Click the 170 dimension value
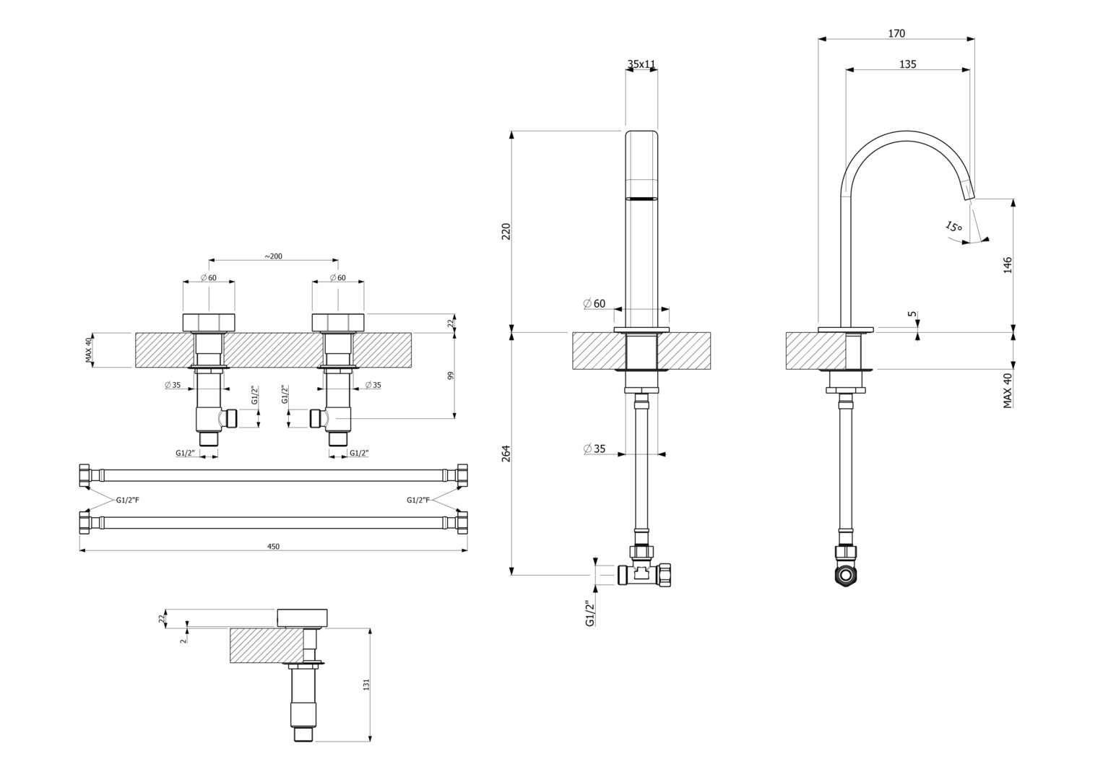coord(896,33)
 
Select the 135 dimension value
coord(908,64)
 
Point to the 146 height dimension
coord(1008,264)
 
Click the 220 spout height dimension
coord(506,231)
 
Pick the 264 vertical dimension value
coord(506,454)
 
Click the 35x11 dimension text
coord(641,64)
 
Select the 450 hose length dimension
coord(273,547)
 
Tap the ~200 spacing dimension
coord(273,256)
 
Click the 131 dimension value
coord(366,683)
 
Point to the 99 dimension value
coord(451,376)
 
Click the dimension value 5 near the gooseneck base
coord(912,315)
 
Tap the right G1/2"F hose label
coord(418,500)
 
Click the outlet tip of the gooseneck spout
coord(969,194)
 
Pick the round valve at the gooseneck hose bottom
coord(845,575)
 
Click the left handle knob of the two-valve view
coord(209,322)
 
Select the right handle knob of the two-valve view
coord(338,322)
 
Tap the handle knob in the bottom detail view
coord(303,617)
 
